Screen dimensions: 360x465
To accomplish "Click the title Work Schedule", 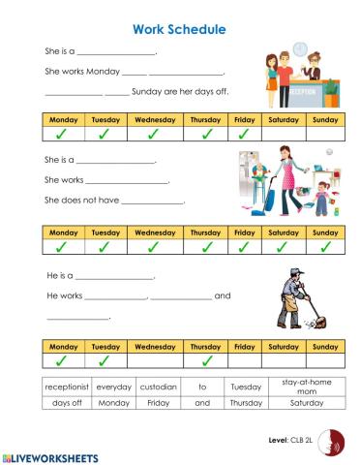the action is (x=179, y=30).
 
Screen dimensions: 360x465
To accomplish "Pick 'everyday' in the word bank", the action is (x=114, y=386).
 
